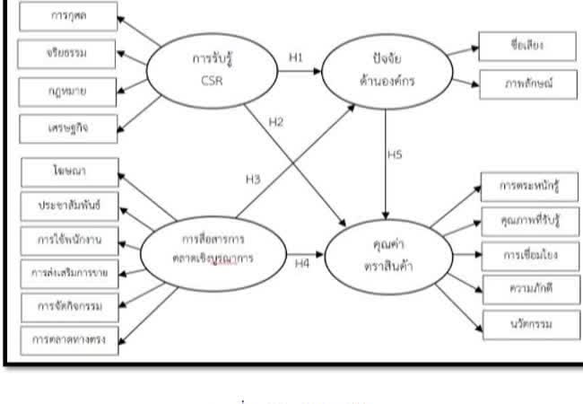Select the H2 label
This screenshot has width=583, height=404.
pos(277,122)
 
